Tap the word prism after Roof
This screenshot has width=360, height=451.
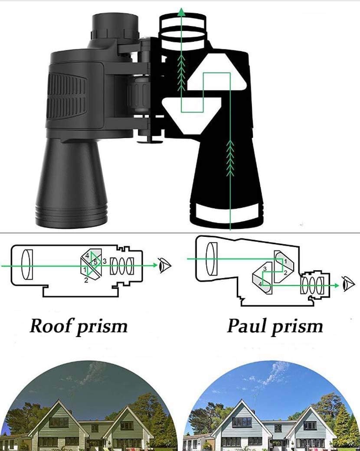pyautogui.click(x=102, y=327)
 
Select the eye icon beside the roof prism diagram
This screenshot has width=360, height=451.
pyautogui.click(x=165, y=265)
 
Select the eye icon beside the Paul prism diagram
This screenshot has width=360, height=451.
pyautogui.click(x=348, y=284)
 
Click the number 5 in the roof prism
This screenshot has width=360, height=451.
pyautogui.click(x=95, y=262)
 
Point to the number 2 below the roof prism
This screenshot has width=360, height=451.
pyautogui.click(x=86, y=281)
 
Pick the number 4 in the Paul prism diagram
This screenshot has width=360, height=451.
pyautogui.click(x=261, y=284)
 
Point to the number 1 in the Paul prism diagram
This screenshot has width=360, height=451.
pyautogui.click(x=285, y=261)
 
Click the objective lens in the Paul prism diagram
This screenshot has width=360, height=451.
pyautogui.click(x=212, y=259)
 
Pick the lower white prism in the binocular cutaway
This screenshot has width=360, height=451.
pyautogui.click(x=191, y=111)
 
